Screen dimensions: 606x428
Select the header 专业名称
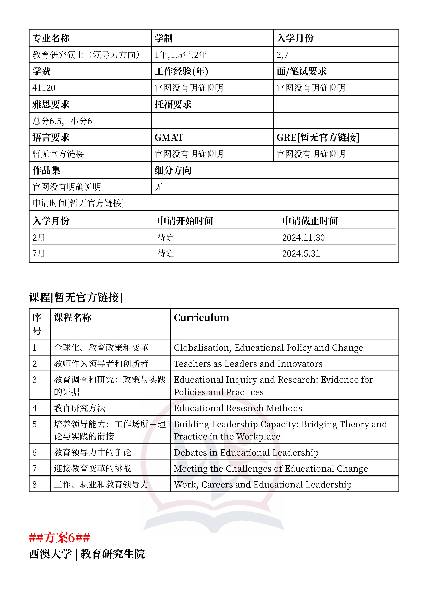point(51,38)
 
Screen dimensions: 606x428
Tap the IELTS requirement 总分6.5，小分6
point(62,121)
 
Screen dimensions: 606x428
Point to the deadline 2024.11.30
point(303,238)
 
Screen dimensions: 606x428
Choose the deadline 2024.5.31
point(301,253)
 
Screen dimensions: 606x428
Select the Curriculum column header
point(201,318)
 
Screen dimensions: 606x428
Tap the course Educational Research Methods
point(238,408)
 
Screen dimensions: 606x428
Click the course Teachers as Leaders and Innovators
point(248,364)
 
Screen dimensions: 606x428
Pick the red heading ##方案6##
point(60,538)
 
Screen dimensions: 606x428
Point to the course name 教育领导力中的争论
point(93,452)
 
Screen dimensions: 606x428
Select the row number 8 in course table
point(35,485)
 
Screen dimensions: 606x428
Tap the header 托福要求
point(173,104)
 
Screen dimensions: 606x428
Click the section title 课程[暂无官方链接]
point(76,297)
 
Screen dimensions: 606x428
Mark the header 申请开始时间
point(185,221)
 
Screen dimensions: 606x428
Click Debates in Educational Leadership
point(246,452)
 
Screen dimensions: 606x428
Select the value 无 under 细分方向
point(159,187)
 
